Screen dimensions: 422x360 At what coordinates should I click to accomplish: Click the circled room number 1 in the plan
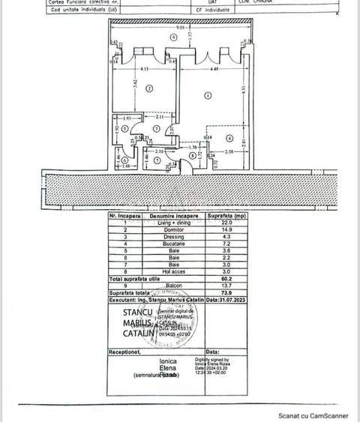[206, 95]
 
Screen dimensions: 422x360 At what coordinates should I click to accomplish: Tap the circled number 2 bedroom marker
[149, 88]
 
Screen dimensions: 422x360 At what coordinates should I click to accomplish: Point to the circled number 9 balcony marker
[173, 36]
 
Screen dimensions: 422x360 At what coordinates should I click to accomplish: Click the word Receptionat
[125, 351]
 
